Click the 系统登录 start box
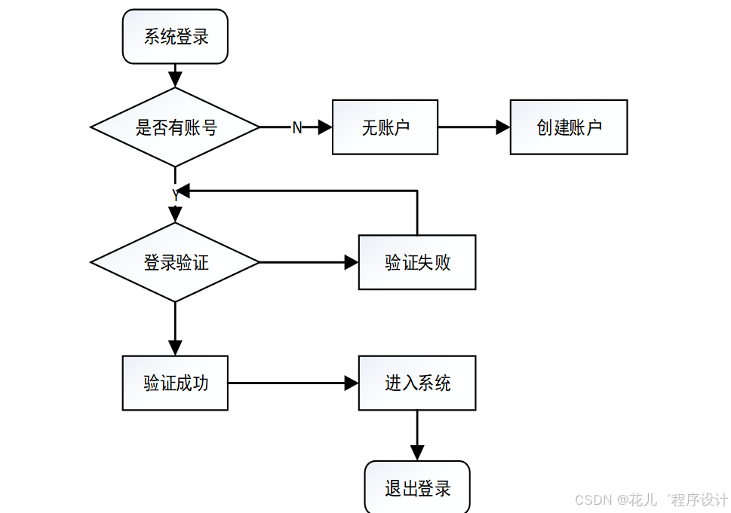[175, 36]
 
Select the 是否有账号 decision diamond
[175, 127]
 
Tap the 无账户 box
[385, 127]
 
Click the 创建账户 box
[568, 127]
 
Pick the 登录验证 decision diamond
[175, 262]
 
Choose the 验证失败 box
[416, 262]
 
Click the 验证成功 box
[175, 383]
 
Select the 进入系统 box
[416, 383]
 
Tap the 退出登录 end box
[416, 487]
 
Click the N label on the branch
[296, 128]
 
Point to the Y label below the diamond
[175, 195]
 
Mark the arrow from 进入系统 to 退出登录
[416, 435]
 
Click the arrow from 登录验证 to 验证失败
[309, 262]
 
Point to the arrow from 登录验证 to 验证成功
[175, 328]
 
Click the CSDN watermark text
[650, 499]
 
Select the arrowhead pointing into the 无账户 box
[325, 127]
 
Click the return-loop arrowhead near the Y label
[184, 191]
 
